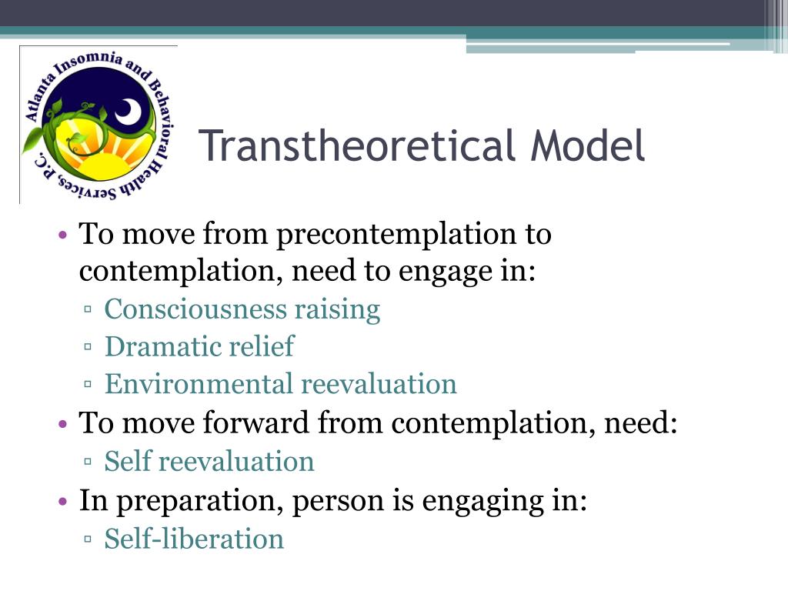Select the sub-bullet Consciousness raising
coord(242,309)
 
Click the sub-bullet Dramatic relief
coord(199,346)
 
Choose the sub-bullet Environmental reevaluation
coord(280,383)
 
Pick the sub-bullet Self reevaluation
coord(209,462)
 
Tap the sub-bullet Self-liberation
coord(194,539)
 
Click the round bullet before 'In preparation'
coord(65,502)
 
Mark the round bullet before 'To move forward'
coord(65,423)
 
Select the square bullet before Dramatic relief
coord(89,348)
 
